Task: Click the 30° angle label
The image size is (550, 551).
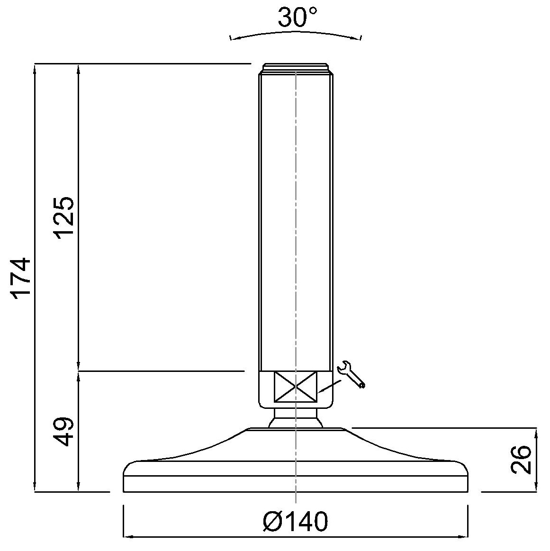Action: click(298, 17)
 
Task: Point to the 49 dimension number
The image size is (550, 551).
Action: click(63, 432)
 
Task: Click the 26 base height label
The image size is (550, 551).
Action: click(521, 460)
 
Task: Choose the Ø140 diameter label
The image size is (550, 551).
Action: click(295, 521)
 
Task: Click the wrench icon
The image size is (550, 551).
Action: click(351, 375)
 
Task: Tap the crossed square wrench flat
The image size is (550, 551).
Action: click(296, 387)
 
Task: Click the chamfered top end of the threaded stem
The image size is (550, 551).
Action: click(296, 69)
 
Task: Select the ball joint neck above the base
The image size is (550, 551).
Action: click(296, 418)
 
